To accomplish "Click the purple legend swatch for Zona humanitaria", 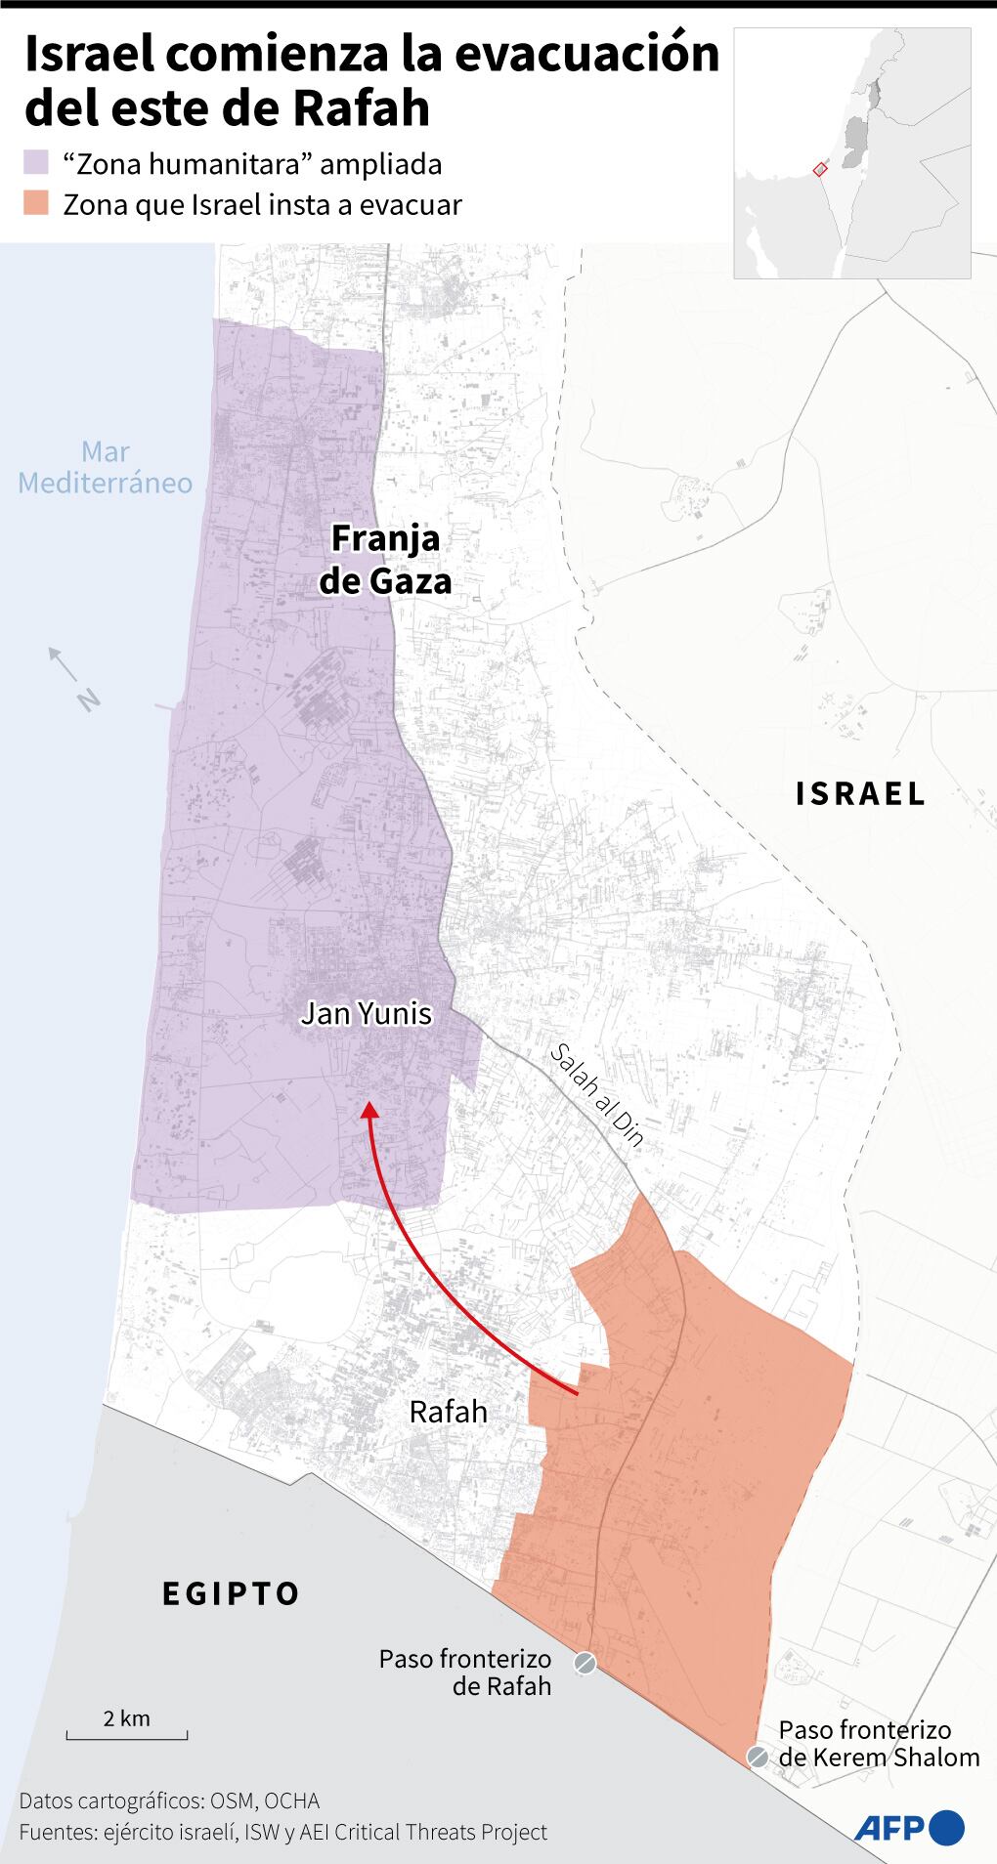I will [36, 163].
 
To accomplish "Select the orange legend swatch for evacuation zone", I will [36, 205].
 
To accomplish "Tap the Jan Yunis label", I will [366, 1013].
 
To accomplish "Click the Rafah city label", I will [448, 1411].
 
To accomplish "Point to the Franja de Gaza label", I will [386, 560].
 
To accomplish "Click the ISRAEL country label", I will [860, 793].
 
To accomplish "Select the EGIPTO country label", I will [231, 1593].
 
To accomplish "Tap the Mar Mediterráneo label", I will [106, 467].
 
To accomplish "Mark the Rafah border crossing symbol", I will [585, 1663].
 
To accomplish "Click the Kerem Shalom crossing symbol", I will [758, 1757].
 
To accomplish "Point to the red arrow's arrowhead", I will [368, 1111].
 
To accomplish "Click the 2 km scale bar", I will [127, 1736].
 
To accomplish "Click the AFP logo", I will [909, 1826].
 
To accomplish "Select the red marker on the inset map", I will [819, 169].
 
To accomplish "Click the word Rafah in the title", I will [362, 107].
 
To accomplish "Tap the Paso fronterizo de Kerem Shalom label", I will [878, 1744].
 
